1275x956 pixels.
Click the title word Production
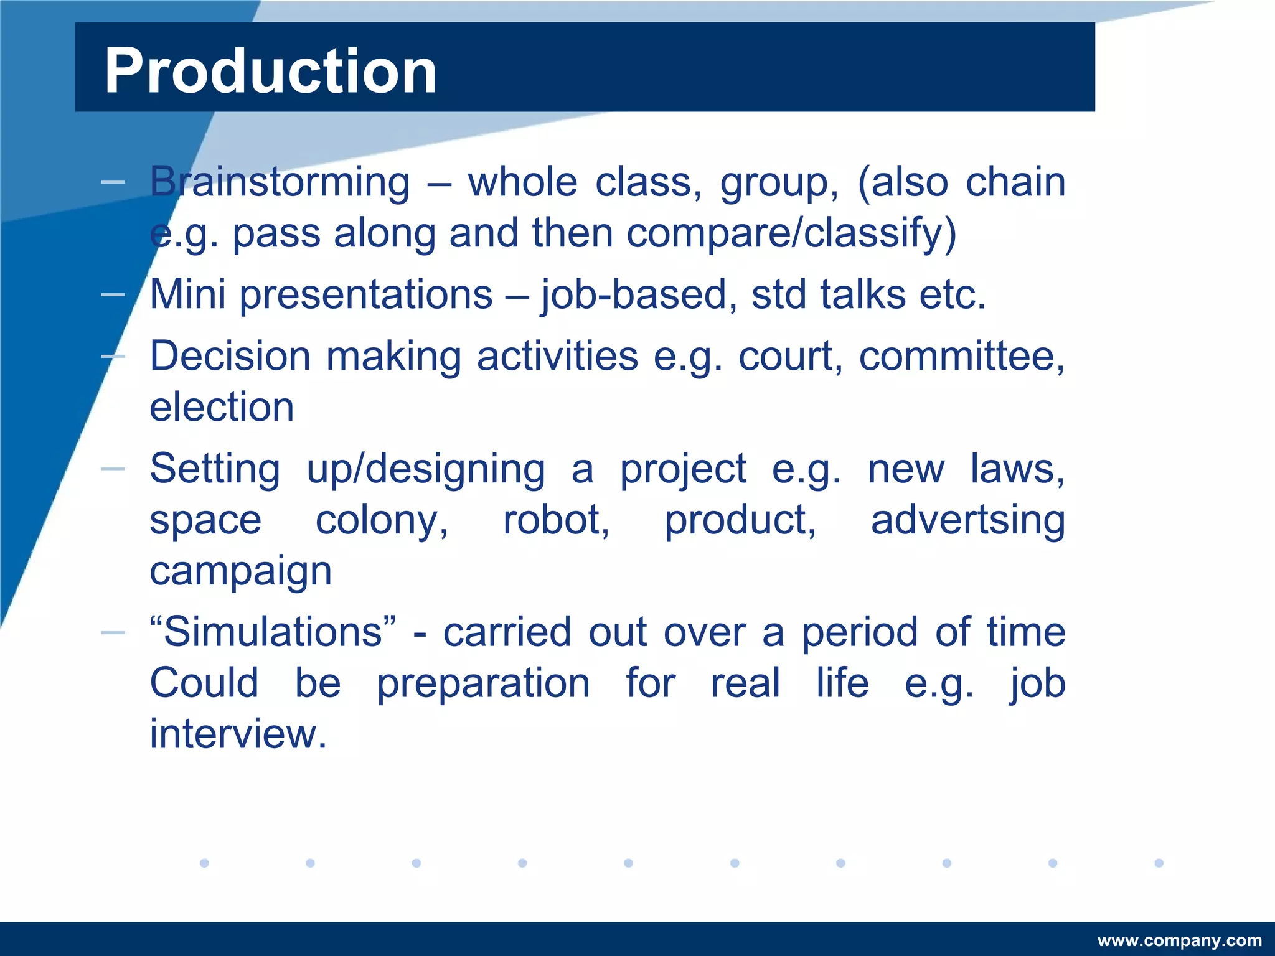[x=270, y=71]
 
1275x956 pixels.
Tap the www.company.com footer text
[x=1179, y=940]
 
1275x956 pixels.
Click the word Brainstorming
[x=280, y=182]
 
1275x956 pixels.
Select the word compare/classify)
[x=791, y=233]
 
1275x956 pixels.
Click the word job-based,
[x=634, y=295]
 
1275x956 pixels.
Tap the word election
[x=222, y=407]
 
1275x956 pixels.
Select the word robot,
[x=556, y=520]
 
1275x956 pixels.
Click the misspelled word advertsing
[x=967, y=520]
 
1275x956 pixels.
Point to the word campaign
[x=240, y=571]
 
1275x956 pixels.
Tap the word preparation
[x=483, y=683]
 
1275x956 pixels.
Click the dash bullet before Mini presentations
[x=113, y=294]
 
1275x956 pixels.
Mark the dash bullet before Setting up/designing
[x=113, y=469]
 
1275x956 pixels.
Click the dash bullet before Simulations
[x=113, y=632]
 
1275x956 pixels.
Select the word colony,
[x=381, y=520]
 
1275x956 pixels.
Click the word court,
[x=790, y=357]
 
